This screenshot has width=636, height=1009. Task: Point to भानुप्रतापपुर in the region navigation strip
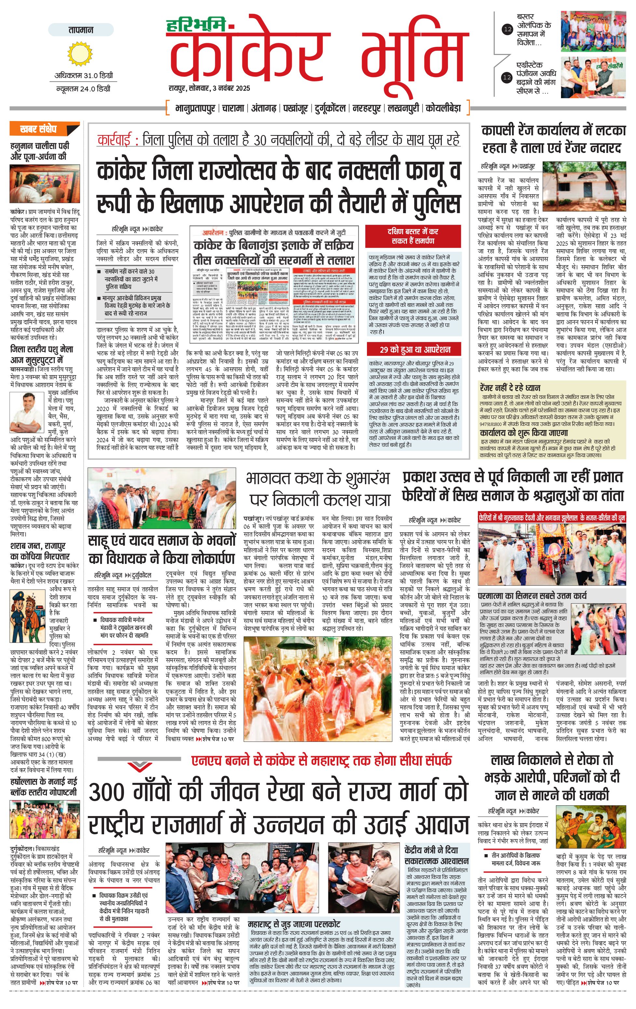(x=195, y=108)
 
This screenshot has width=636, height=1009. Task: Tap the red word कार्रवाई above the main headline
(x=114, y=140)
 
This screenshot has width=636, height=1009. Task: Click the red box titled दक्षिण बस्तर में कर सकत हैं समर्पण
(x=413, y=236)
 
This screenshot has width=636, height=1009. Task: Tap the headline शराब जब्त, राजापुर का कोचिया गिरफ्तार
(x=40, y=551)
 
